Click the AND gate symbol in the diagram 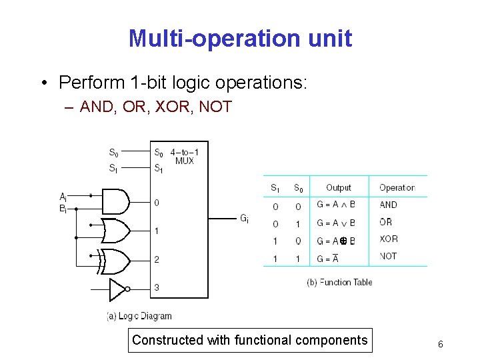[x=115, y=201]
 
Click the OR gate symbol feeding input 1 [x=115, y=231]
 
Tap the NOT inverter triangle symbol [x=117, y=289]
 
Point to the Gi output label [x=245, y=218]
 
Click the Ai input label [x=63, y=197]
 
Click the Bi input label [x=63, y=208]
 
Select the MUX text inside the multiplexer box [x=184, y=161]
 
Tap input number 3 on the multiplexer [x=157, y=287]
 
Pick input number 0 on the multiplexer [x=157, y=202]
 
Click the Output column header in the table [x=338, y=188]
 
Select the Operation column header [x=397, y=188]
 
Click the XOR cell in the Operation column [x=389, y=239]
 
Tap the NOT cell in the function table [x=388, y=256]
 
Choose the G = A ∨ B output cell [x=336, y=223]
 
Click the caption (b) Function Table [x=339, y=282]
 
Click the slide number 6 [x=441, y=344]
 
